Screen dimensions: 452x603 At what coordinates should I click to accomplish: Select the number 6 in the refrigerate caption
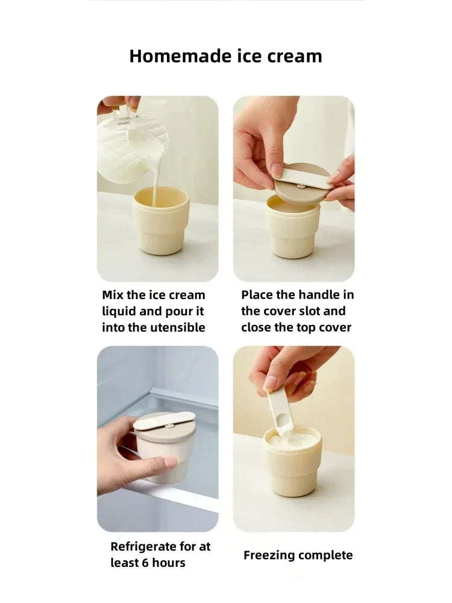click(x=145, y=563)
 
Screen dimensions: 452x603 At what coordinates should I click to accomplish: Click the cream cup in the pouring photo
click(x=161, y=220)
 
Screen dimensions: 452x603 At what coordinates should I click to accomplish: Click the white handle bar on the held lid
click(x=303, y=180)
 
